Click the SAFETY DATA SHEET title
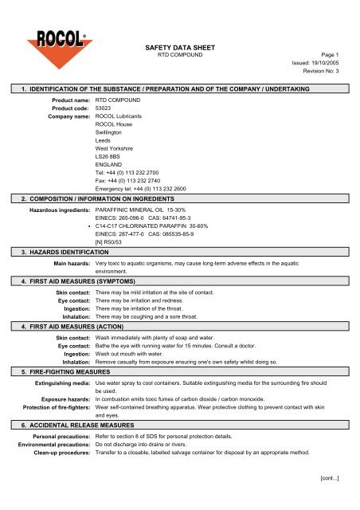[x=180, y=46]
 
